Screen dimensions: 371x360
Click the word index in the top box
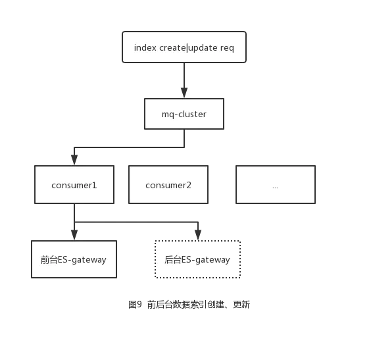pos(145,47)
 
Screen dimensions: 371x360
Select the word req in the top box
pos(227,49)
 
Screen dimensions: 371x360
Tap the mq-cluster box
pos(184,114)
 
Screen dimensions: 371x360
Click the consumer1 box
pos(74,185)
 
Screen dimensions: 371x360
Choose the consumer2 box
pos(168,185)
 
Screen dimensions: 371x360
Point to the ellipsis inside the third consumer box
pos(275,188)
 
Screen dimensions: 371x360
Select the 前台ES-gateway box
pos(74,259)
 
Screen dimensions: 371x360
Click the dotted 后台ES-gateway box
pos(197,259)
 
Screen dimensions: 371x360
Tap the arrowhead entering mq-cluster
pos(184,93)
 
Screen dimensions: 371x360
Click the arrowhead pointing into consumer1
pos(74,160)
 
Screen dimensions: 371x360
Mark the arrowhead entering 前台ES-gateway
pos(74,235)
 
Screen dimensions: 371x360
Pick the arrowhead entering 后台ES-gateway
pos(198,235)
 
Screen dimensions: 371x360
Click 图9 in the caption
pos(135,304)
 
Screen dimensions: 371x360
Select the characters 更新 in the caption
pos(241,304)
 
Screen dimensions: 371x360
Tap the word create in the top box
pos(172,47)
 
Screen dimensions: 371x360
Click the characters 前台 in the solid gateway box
pos(49,260)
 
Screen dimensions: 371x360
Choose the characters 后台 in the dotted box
pos(173,260)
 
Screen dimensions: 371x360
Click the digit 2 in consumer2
pos(189,185)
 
